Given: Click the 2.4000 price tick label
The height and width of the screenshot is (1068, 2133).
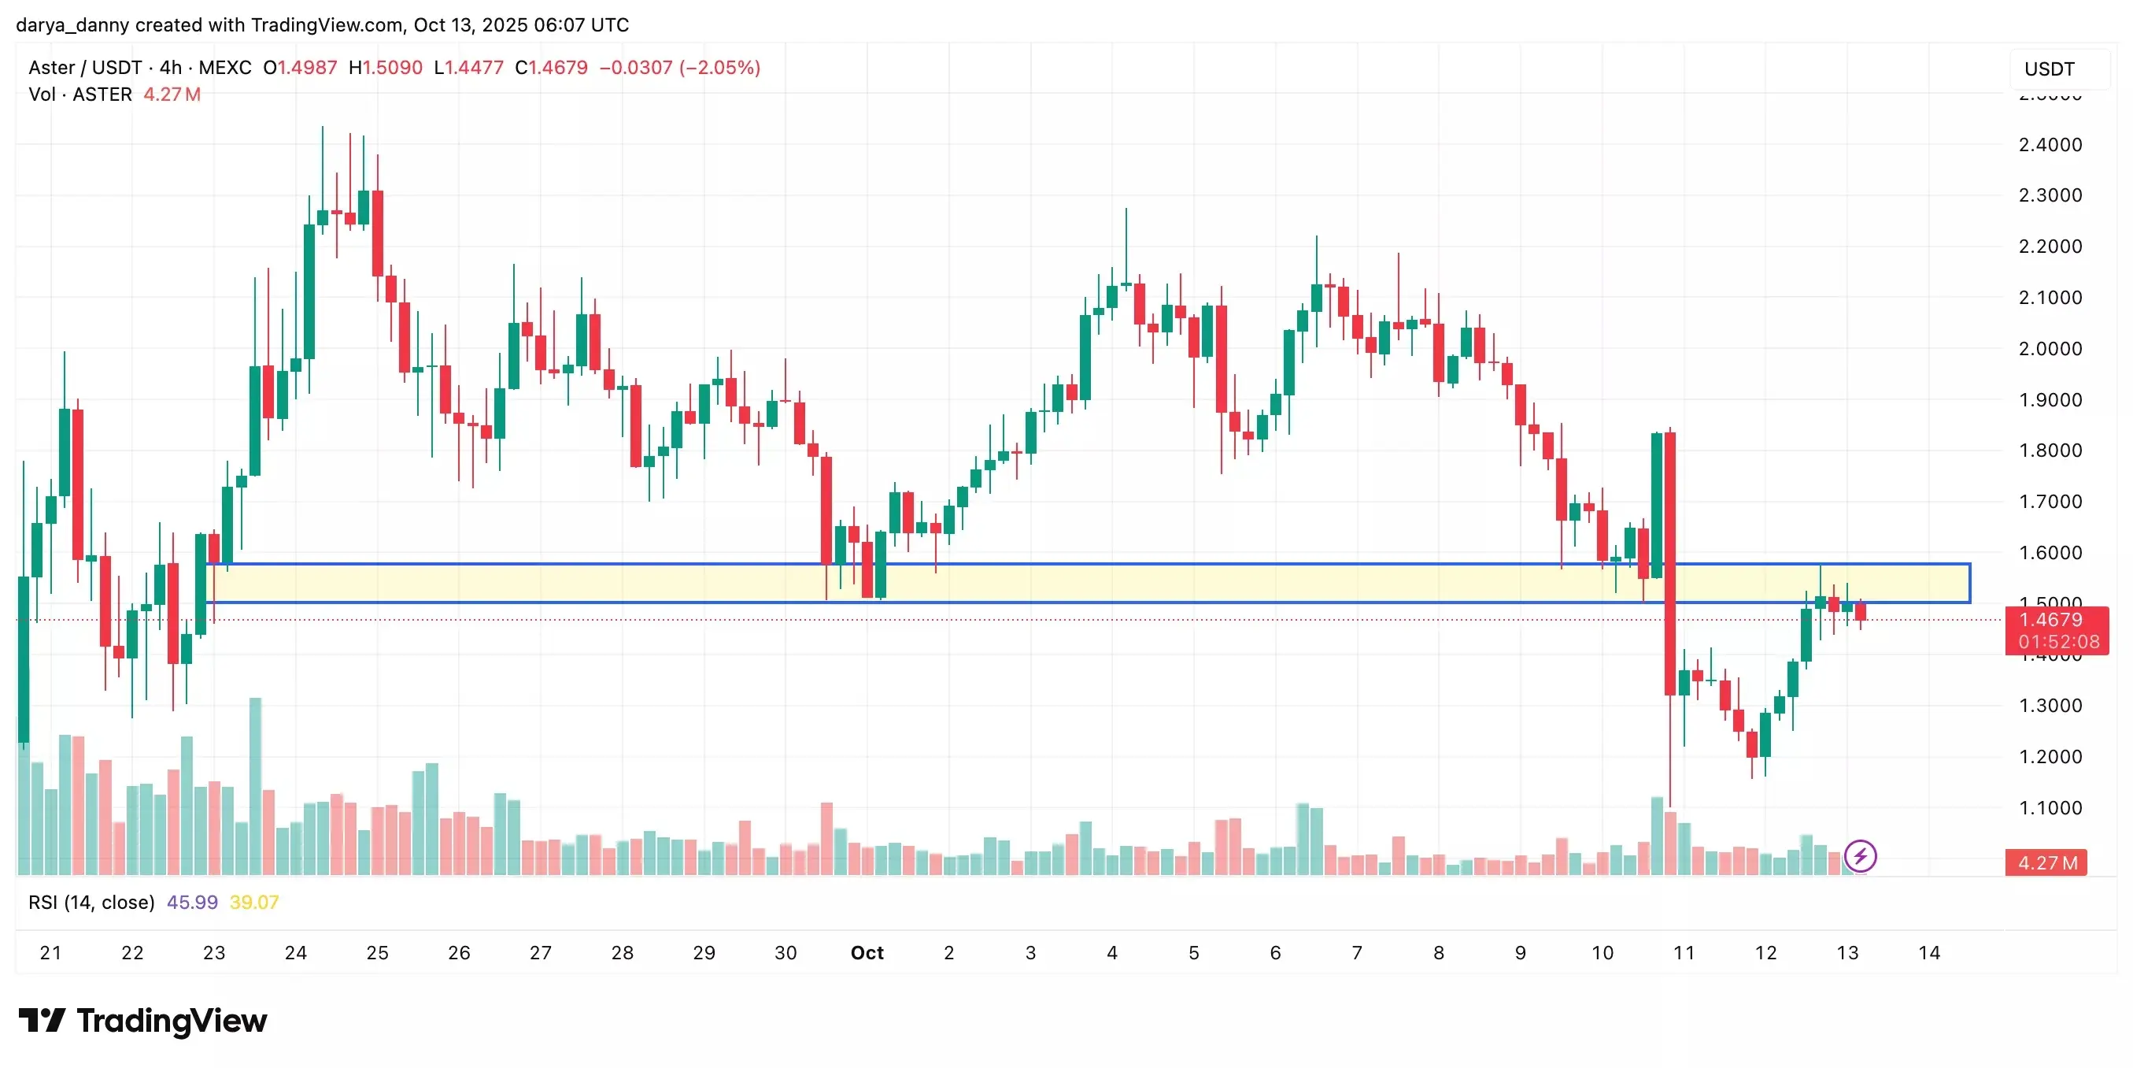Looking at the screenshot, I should tap(2050, 145).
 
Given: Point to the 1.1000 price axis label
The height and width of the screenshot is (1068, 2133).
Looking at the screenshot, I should tap(2050, 808).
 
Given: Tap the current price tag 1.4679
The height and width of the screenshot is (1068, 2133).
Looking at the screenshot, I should tap(2050, 620).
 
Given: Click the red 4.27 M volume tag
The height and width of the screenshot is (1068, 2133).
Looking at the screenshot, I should tap(2047, 862).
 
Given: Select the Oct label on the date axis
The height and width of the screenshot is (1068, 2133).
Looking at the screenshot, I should tap(867, 953).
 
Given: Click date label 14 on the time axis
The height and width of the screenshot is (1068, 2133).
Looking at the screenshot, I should tap(1929, 953).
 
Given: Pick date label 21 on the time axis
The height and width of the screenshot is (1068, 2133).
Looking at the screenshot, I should tap(50, 953).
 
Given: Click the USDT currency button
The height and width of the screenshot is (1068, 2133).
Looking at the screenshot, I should tap(2050, 69).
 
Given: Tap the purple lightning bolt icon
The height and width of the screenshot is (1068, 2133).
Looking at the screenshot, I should tap(1861, 856).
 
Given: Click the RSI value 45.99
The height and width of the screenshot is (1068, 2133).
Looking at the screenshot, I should tap(192, 903).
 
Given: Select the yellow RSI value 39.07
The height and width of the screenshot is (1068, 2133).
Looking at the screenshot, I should tap(254, 903).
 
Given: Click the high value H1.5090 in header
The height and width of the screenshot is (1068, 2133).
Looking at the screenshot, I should tap(386, 67).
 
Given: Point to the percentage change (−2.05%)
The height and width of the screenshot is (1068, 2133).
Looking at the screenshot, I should tap(719, 67).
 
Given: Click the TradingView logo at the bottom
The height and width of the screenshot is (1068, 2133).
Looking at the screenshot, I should tap(142, 1021).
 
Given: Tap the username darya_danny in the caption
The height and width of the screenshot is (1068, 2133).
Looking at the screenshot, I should tap(72, 25).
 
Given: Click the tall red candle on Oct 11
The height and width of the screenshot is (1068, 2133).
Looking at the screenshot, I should tap(1670, 563).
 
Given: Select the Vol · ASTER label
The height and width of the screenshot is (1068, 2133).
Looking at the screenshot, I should tap(80, 95).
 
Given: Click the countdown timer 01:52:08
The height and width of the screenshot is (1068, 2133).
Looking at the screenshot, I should tap(2058, 641).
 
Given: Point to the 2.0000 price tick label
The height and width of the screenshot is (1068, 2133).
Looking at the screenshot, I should tap(2050, 349).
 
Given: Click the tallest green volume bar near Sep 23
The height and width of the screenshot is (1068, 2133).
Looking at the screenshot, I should tap(255, 785).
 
